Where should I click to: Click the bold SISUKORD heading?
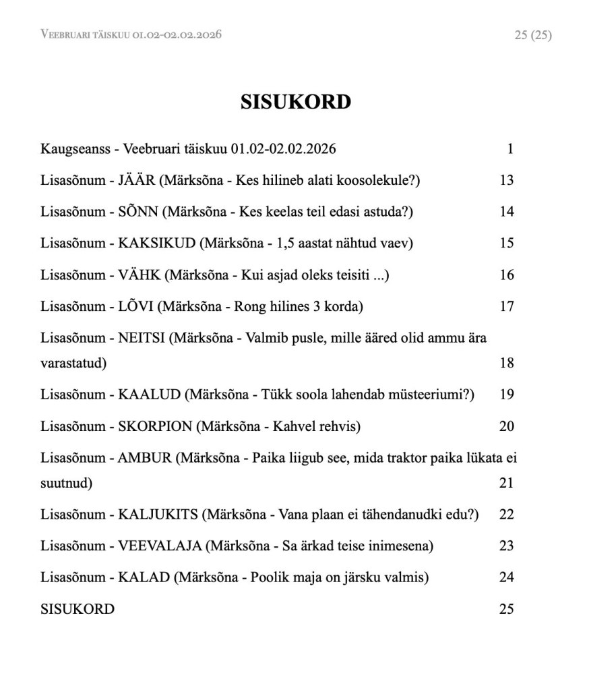pos(295,102)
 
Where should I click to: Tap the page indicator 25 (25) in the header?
pos(532,35)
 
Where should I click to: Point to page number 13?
pos(507,180)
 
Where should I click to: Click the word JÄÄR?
pos(137,180)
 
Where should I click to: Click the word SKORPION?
pos(156,426)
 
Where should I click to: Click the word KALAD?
pos(140,577)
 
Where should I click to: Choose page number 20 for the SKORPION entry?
pos(507,426)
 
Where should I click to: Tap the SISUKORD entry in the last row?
pos(77,609)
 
